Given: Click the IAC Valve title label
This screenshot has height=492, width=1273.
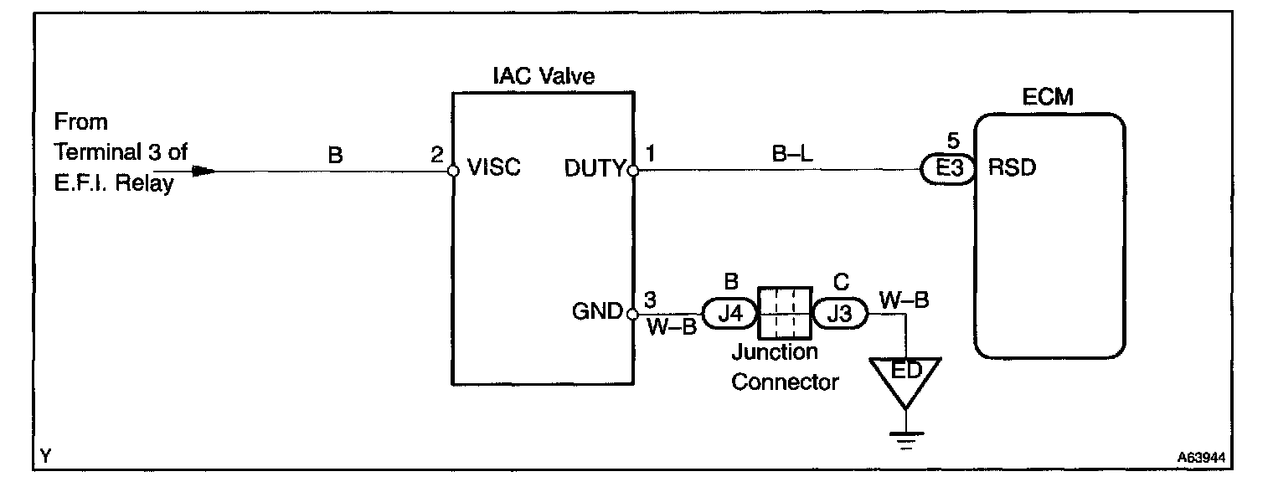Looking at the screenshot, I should (543, 77).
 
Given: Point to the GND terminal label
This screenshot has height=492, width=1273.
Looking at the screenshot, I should (596, 313).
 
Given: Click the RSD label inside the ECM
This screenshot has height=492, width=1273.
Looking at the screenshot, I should (1013, 168).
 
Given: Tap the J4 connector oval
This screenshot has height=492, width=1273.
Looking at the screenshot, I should (730, 315).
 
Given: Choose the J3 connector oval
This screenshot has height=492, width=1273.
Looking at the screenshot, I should (839, 315).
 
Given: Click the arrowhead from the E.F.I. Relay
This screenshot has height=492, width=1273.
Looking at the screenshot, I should (202, 171).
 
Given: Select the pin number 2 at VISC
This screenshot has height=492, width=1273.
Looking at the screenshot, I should (436, 155).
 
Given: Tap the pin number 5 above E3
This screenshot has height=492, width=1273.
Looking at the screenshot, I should (946, 140).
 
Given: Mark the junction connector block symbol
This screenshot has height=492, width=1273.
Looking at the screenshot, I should (784, 314).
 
